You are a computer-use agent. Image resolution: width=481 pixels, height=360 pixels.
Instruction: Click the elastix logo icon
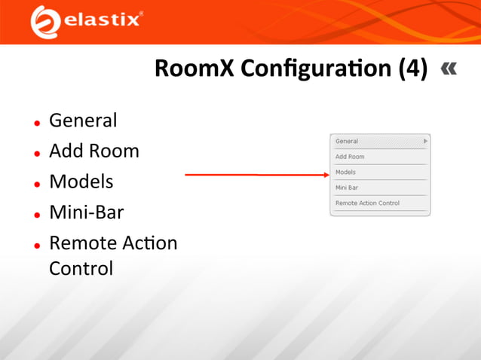click(44, 21)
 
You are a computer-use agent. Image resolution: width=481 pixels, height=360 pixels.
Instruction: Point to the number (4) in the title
click(412, 69)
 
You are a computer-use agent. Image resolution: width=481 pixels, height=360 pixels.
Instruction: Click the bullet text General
click(83, 121)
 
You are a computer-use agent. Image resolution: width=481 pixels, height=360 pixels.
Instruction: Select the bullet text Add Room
click(94, 151)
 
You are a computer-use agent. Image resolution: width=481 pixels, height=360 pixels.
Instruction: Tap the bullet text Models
click(81, 182)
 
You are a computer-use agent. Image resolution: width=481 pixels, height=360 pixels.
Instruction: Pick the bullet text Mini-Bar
click(86, 213)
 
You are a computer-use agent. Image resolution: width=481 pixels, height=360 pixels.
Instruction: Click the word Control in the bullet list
click(81, 268)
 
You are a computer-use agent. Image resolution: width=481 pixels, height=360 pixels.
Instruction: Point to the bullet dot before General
click(36, 123)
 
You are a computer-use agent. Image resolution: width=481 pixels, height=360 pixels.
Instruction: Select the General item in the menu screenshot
click(347, 142)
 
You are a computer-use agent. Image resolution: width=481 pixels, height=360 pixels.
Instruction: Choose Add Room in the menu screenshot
click(350, 157)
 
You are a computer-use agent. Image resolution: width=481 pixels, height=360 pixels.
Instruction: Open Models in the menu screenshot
click(345, 172)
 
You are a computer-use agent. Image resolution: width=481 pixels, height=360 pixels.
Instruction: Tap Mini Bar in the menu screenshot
click(347, 188)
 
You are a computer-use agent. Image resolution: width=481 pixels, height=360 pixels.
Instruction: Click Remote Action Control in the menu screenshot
click(367, 203)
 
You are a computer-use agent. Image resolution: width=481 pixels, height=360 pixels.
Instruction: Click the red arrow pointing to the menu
click(256, 174)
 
